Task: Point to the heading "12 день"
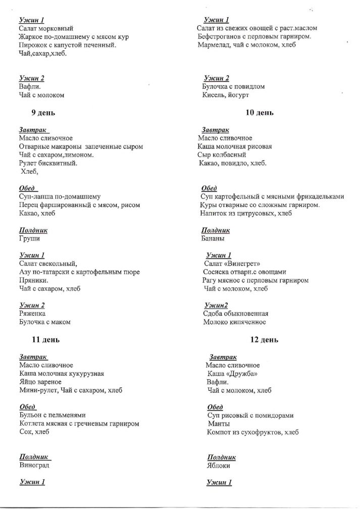(264, 340)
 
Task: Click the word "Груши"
(29, 238)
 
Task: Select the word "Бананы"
(213, 238)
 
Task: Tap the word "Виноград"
(34, 465)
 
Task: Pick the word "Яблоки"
(219, 465)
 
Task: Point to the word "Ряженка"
(32, 313)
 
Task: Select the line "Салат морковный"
(46, 28)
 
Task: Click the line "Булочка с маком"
(44, 322)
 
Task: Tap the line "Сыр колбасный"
(222, 155)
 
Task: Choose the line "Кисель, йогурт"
(226, 95)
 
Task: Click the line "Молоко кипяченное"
(235, 322)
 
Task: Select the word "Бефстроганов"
(222, 36)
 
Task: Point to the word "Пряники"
(33, 280)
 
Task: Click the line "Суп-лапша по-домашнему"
(60, 196)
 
